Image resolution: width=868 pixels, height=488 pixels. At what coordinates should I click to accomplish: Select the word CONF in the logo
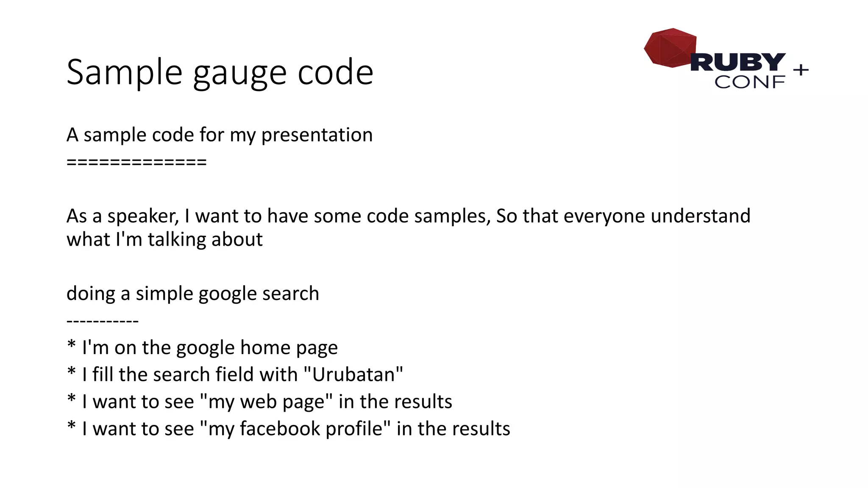click(750, 82)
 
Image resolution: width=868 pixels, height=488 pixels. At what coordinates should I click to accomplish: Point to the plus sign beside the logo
click(801, 69)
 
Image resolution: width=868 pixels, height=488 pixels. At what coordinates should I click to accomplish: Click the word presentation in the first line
click(317, 136)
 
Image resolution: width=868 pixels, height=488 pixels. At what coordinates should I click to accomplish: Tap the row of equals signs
click(136, 162)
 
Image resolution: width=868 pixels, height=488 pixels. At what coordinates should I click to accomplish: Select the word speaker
click(143, 216)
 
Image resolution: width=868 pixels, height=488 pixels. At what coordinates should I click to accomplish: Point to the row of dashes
click(103, 321)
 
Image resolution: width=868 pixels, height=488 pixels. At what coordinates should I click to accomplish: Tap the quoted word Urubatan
click(353, 375)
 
